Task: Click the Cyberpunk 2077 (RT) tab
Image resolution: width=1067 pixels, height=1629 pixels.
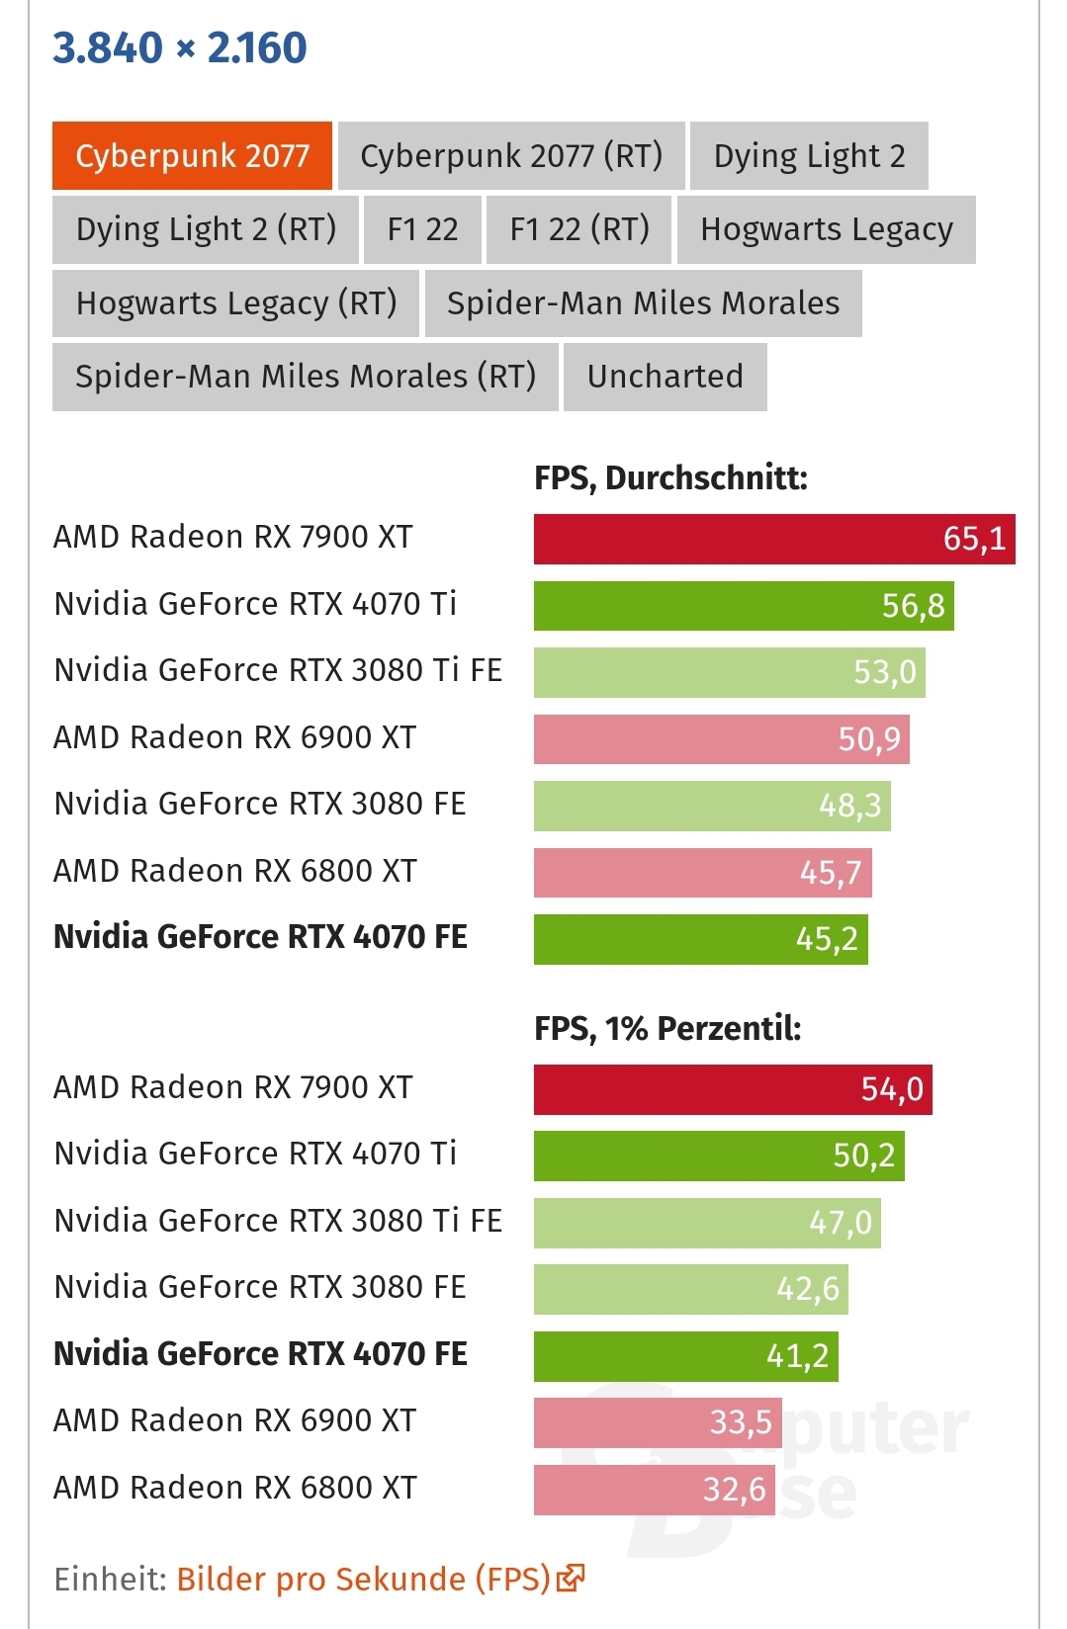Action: tap(511, 156)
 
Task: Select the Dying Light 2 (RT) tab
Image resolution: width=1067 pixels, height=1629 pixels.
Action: tap(206, 229)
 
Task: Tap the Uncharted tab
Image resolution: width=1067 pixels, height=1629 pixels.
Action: tap(665, 377)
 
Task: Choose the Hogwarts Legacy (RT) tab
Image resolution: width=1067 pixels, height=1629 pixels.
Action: tap(236, 303)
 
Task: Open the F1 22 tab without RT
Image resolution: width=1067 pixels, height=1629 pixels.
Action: tap(422, 229)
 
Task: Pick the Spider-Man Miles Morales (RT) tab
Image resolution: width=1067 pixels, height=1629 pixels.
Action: tap(306, 377)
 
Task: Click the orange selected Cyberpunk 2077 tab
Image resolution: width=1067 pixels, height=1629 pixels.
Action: tap(192, 156)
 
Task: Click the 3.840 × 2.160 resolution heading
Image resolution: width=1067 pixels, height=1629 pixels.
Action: tap(180, 47)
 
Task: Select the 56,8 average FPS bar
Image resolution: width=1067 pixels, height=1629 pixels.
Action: tap(744, 606)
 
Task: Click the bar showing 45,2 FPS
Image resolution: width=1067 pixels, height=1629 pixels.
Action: tap(700, 939)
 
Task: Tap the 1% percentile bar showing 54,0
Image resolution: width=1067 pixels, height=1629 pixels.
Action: tap(733, 1089)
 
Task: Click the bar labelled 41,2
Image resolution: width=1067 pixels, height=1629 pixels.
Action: tap(686, 1356)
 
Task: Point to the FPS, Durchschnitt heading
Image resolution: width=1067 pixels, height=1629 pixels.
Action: tap(670, 478)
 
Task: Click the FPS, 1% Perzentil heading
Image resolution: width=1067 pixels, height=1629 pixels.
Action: tap(667, 1029)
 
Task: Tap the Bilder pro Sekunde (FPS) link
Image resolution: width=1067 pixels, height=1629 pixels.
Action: tap(363, 1579)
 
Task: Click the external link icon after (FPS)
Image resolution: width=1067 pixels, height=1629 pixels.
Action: tap(571, 1578)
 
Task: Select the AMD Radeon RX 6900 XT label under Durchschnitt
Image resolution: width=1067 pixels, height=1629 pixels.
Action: tap(235, 737)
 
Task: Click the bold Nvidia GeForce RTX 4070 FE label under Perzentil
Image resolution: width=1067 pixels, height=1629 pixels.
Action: tap(260, 1354)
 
